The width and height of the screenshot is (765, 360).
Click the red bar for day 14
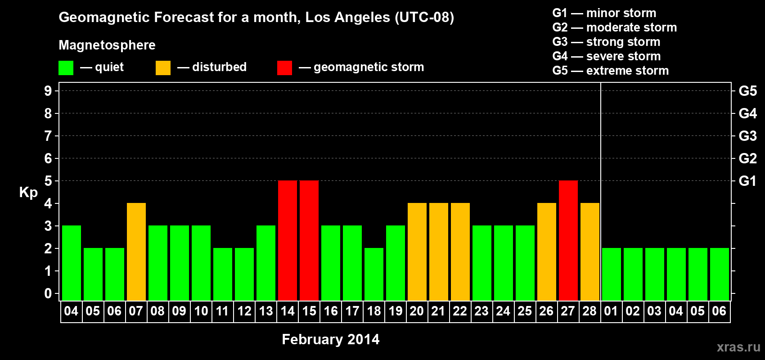click(x=288, y=240)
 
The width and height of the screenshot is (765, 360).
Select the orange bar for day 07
click(x=136, y=252)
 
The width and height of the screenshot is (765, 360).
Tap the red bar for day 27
click(x=568, y=240)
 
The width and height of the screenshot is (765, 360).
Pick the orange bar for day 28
click(x=590, y=252)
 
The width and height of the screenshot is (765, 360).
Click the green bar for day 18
click(x=374, y=274)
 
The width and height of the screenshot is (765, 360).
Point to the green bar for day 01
click(x=612, y=274)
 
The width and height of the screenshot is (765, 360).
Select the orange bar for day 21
click(x=439, y=252)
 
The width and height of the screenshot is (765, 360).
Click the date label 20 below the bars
click(x=417, y=311)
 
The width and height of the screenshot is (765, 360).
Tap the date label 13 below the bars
click(x=265, y=311)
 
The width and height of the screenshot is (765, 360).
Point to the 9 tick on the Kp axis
click(x=48, y=91)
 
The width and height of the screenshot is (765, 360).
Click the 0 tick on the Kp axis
click(x=48, y=293)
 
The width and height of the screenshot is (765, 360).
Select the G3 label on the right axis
click(x=747, y=136)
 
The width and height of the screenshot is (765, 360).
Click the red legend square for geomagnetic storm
click(x=284, y=68)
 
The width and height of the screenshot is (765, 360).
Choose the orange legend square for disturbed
click(x=163, y=68)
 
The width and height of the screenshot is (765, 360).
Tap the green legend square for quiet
click(x=66, y=68)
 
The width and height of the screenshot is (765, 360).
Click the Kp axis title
click(x=28, y=192)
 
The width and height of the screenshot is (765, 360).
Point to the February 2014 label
click(x=330, y=339)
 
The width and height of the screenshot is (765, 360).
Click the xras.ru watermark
click(x=738, y=347)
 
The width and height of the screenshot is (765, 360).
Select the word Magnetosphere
click(x=107, y=45)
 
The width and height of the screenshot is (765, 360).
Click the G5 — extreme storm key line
click(x=610, y=71)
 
